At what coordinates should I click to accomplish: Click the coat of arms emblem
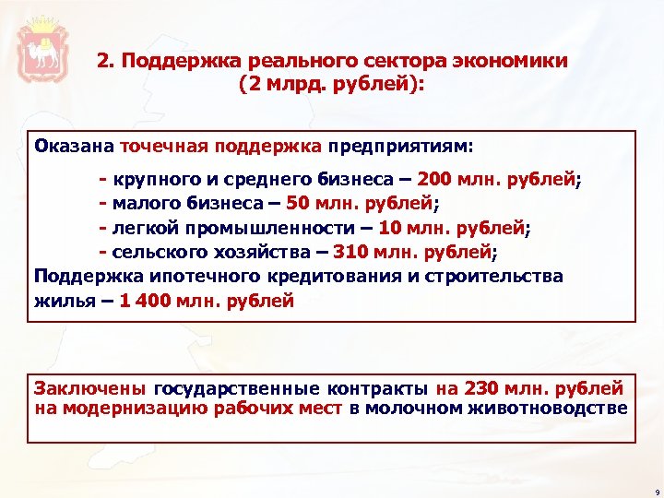(41, 47)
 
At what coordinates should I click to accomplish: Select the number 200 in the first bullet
(433, 178)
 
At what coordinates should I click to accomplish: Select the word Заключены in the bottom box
(90, 388)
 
